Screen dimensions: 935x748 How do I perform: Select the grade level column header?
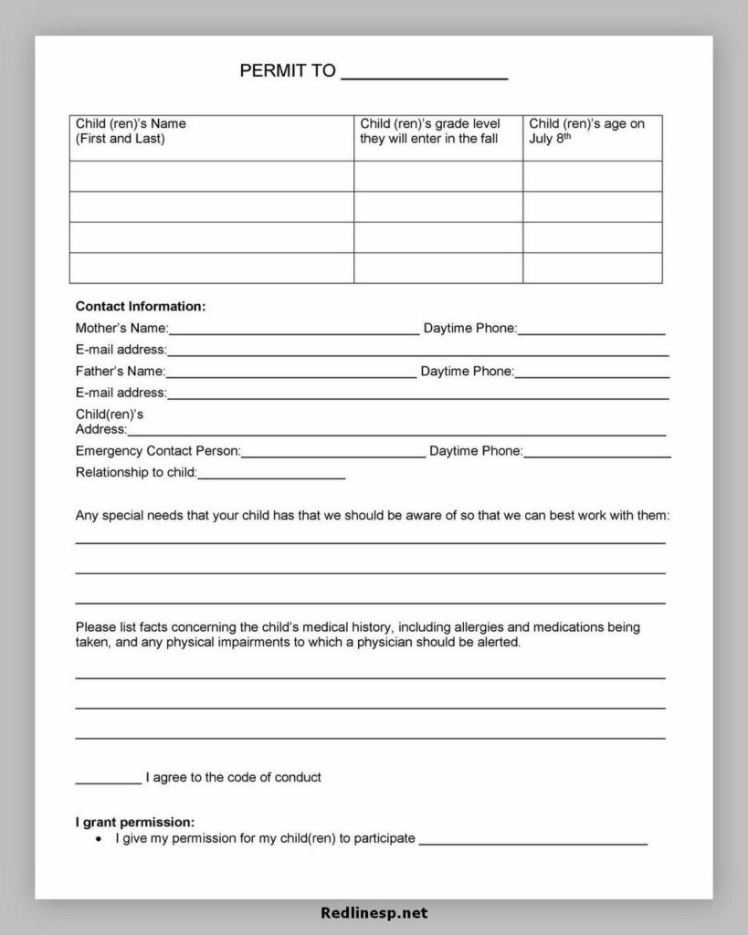[x=430, y=131]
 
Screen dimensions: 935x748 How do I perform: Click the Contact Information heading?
[x=140, y=307]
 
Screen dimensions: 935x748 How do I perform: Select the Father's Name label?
[x=120, y=372]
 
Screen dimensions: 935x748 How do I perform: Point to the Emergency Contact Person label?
[x=157, y=451]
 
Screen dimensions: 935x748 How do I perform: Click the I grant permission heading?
[x=134, y=822]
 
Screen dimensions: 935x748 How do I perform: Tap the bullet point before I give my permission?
[x=99, y=838]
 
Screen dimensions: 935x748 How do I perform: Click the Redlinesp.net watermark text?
[x=374, y=912]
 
